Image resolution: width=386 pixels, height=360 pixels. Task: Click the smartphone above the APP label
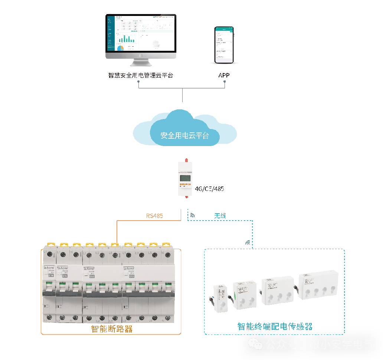pyautogui.click(x=225, y=45)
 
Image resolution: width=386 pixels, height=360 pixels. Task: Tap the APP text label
pyautogui.click(x=224, y=75)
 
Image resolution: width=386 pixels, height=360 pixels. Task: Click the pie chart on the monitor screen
pyautogui.click(x=120, y=48)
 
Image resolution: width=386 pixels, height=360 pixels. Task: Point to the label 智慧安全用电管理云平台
pyautogui.click(x=141, y=75)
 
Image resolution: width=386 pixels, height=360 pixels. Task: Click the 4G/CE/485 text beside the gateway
pyautogui.click(x=209, y=189)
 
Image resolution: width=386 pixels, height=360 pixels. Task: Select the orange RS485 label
pyautogui.click(x=154, y=215)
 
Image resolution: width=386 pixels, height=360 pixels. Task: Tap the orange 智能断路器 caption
pyautogui.click(x=112, y=329)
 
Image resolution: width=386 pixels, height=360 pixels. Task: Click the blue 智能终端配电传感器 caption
pyautogui.click(x=275, y=326)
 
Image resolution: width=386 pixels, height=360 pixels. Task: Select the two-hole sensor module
pyautogui.click(x=245, y=295)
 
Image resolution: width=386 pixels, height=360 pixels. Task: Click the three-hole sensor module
pyautogui.click(x=278, y=291)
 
